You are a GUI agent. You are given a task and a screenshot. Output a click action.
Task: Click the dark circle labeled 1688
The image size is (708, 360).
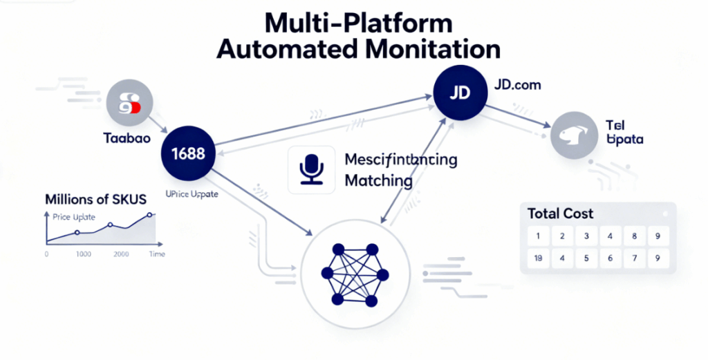(187, 153)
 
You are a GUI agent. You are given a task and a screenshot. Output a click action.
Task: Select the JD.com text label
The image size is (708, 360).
(517, 85)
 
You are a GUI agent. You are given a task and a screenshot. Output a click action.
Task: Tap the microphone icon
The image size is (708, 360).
(311, 169)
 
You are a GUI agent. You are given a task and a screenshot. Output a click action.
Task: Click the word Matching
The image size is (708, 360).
(378, 182)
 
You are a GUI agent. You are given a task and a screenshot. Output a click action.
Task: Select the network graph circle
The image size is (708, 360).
(355, 275)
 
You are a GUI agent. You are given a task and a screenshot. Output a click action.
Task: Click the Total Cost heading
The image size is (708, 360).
(560, 214)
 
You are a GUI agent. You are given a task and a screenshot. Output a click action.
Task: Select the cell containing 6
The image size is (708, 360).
(610, 258)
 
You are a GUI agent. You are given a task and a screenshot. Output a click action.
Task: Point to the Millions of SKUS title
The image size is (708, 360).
(95, 200)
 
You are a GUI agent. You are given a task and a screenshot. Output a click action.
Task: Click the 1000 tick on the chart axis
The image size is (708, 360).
(83, 254)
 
